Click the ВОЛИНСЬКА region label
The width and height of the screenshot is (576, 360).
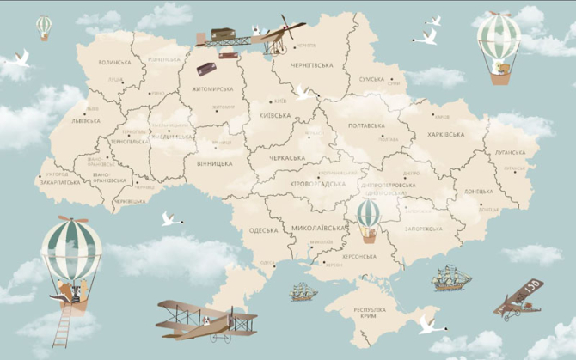tap(114, 63)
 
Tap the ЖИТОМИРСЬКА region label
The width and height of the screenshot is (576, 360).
tap(211, 88)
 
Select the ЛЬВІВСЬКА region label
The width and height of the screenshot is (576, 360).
tap(86, 121)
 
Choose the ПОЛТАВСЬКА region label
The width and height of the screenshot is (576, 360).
tap(366, 125)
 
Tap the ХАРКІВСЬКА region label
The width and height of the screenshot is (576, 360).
tap(445, 135)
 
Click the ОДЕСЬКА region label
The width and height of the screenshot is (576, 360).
tap(264, 230)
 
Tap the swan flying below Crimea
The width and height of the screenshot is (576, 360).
tap(427, 326)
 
